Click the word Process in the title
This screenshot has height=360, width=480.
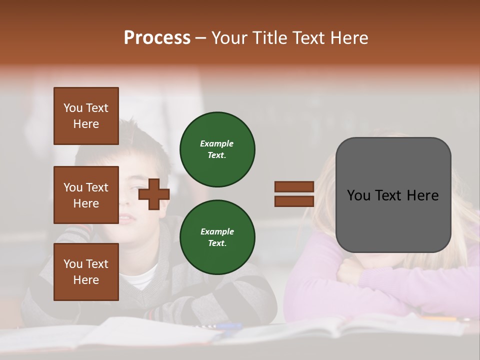click(157, 38)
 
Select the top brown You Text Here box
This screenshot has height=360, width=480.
click(86, 116)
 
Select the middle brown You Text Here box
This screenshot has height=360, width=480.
click(86, 195)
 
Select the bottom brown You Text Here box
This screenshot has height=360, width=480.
click(86, 271)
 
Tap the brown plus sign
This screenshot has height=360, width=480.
click(154, 194)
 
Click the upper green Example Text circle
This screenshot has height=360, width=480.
click(217, 149)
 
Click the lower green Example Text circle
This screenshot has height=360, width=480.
click(217, 237)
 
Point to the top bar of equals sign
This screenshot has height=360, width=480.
click(294, 186)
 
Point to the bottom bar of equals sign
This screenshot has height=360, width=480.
click(294, 201)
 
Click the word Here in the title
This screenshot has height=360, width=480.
click(349, 38)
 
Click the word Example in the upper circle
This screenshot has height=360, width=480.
click(217, 143)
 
